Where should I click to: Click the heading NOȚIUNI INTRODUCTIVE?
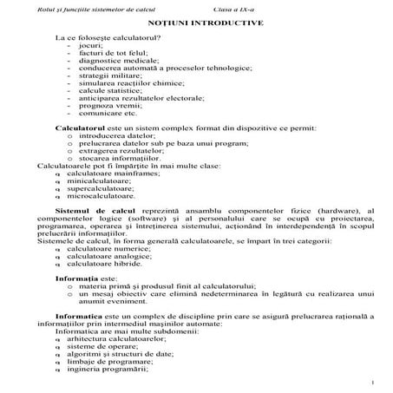coord(200,23)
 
